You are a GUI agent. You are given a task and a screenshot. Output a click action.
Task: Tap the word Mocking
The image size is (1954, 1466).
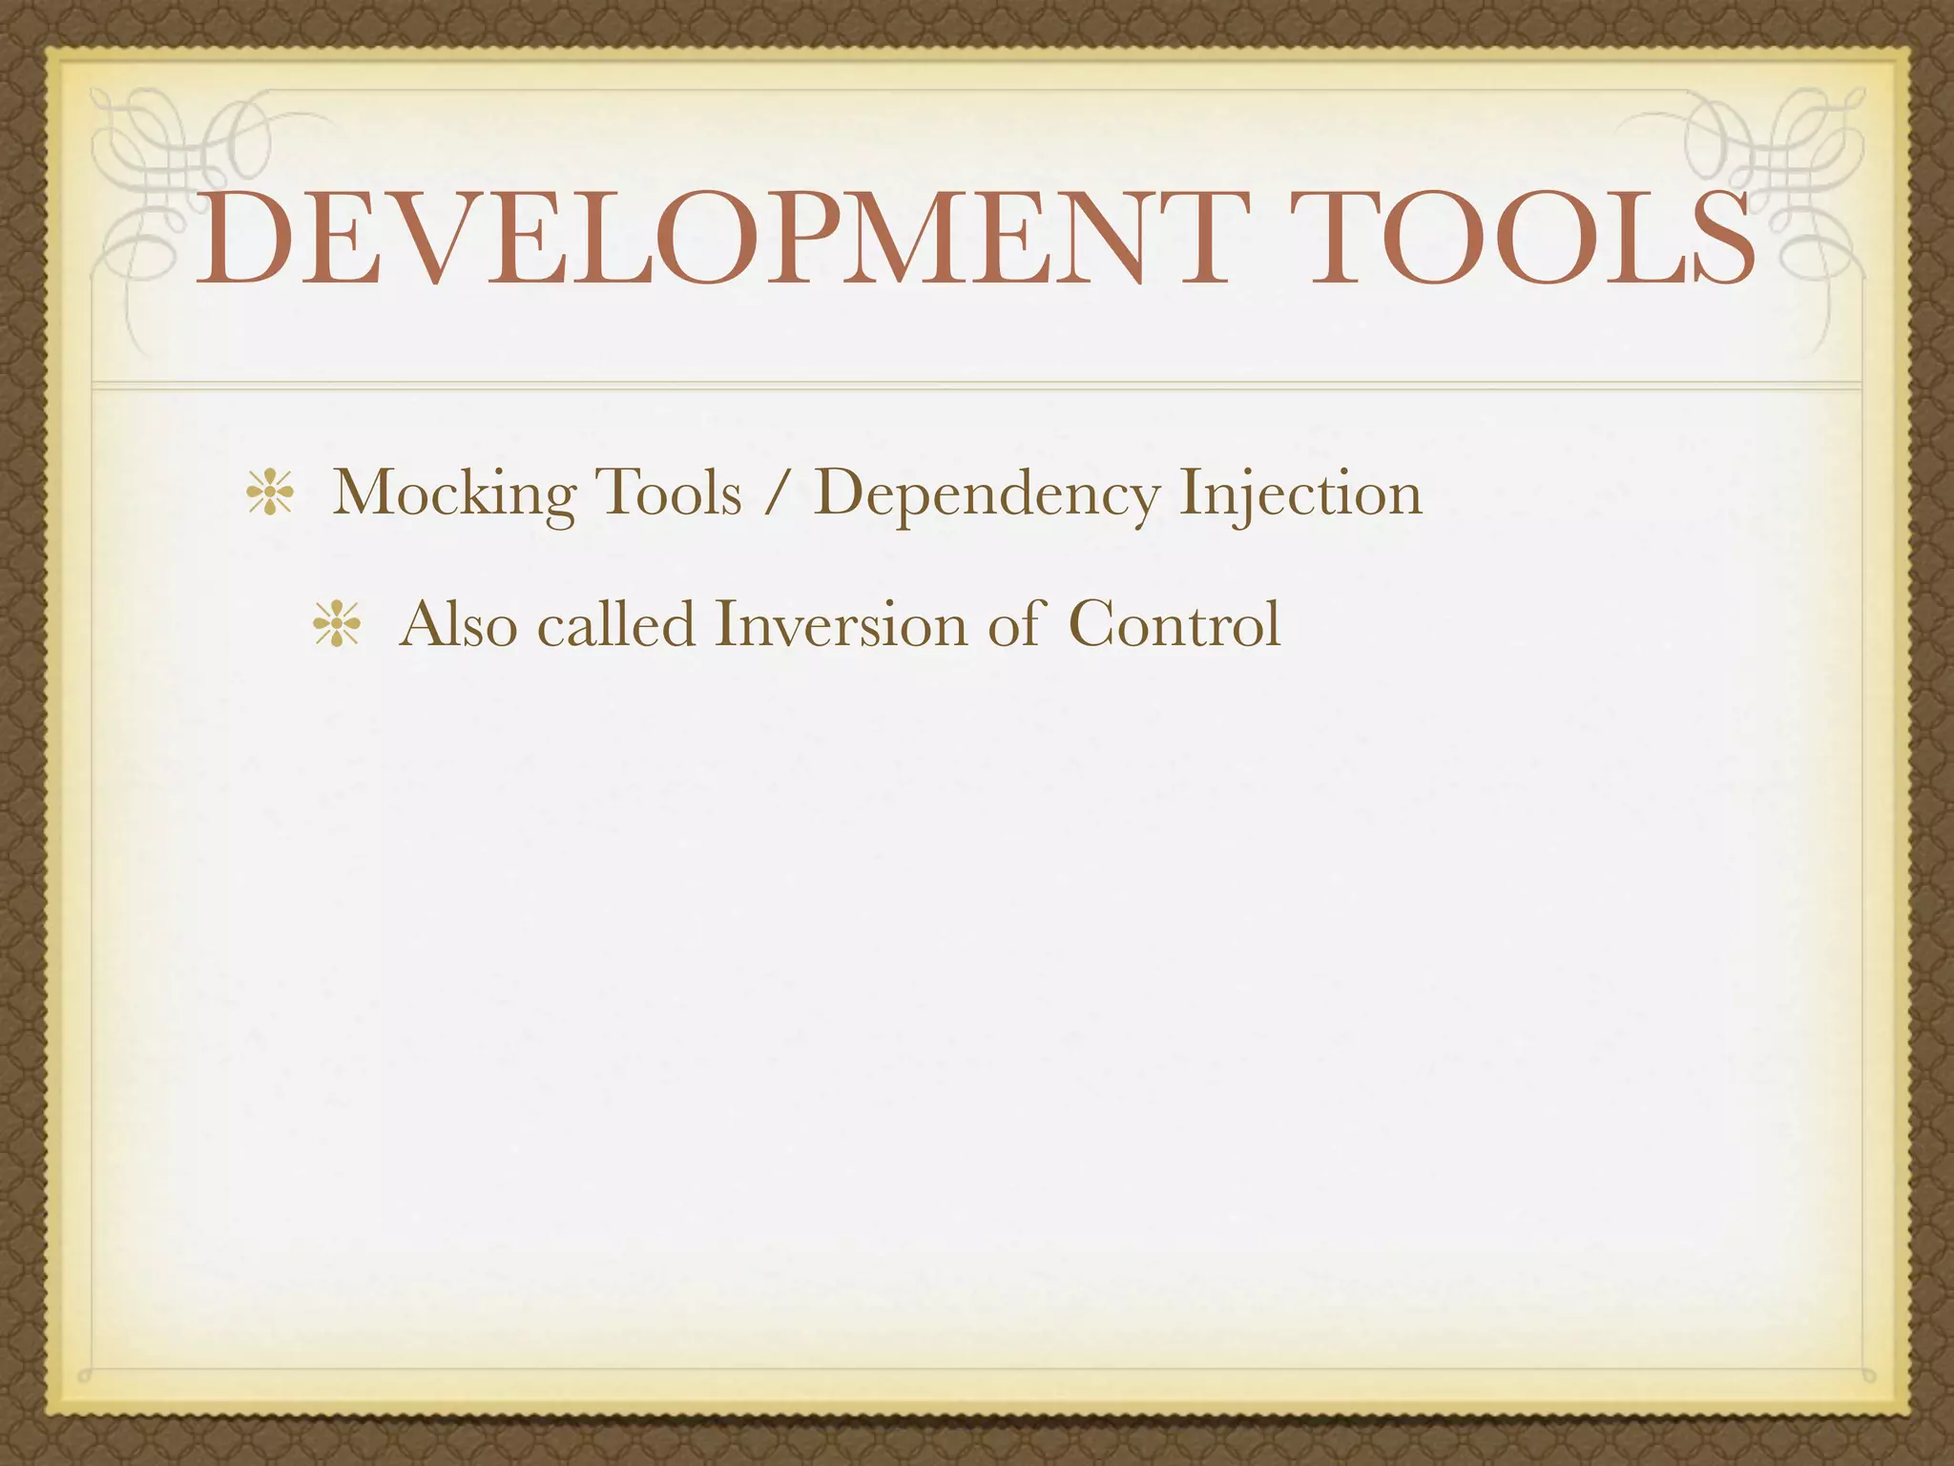tap(454, 494)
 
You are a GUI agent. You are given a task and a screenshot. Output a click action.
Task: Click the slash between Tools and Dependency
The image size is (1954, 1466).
tap(778, 494)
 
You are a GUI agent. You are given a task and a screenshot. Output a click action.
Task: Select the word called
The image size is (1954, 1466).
tap(616, 625)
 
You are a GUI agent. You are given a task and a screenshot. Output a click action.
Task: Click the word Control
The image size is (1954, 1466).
tap(1174, 625)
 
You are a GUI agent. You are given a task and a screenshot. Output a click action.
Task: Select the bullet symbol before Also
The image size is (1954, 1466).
tap(337, 627)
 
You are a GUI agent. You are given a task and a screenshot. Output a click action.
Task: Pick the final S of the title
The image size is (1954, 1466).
tap(1717, 239)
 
